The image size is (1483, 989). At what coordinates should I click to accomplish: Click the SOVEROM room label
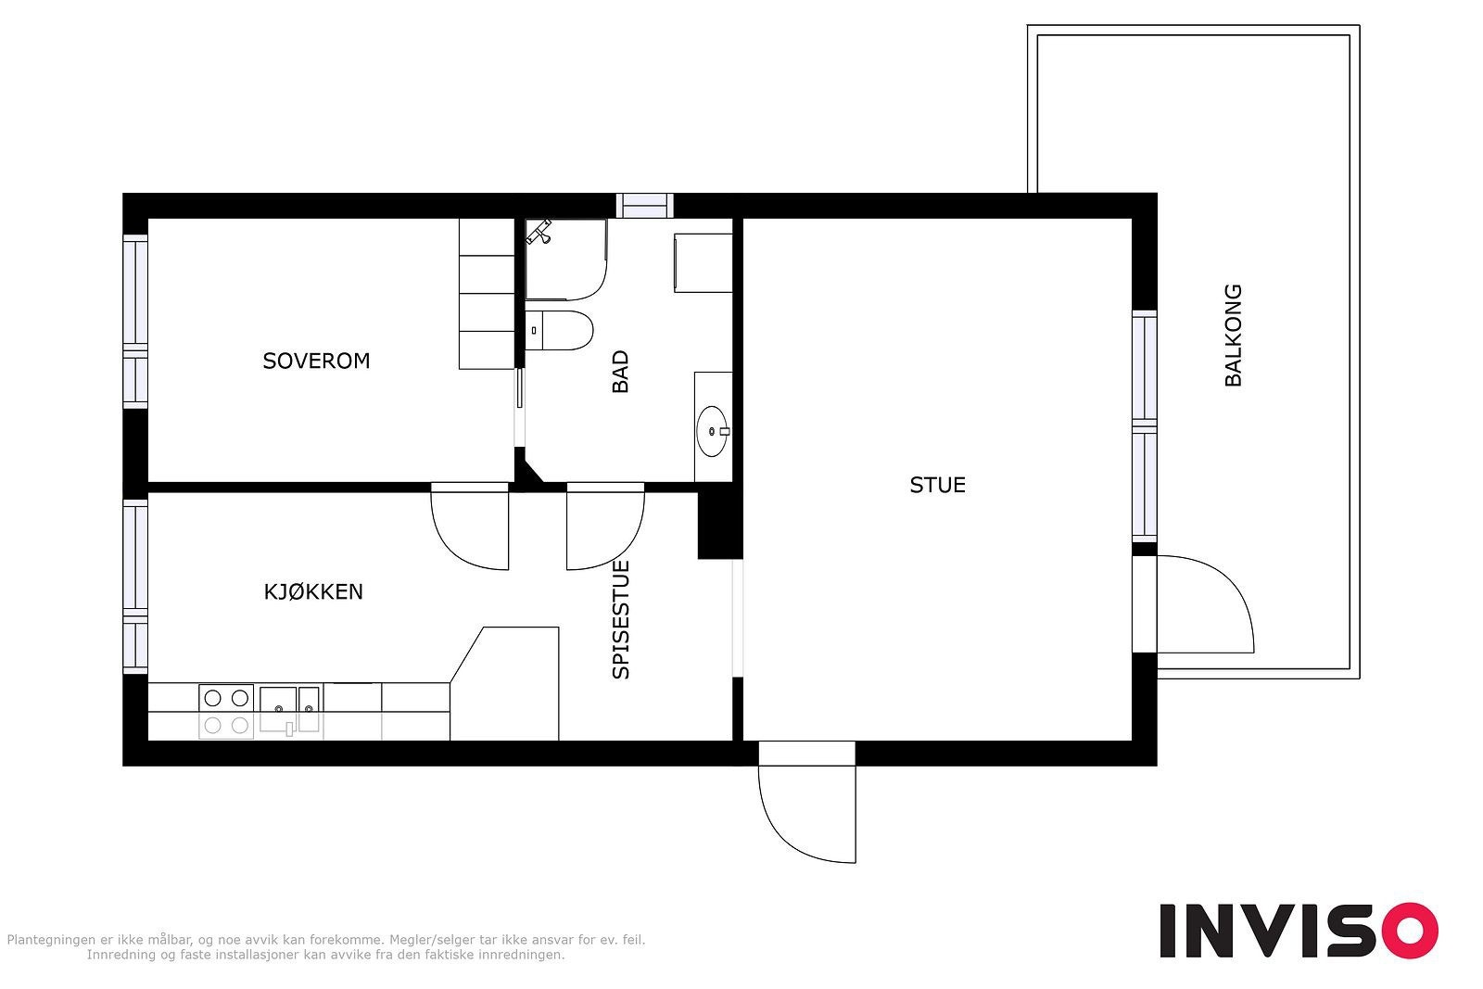pos(316,361)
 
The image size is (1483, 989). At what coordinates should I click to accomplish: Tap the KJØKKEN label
pos(313,591)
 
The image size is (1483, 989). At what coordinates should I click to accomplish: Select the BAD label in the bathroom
pos(620,372)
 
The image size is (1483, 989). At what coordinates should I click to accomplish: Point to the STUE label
pos(937,486)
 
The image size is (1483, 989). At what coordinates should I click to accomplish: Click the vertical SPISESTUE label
pos(621,619)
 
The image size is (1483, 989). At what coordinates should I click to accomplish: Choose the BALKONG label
pos(1233,336)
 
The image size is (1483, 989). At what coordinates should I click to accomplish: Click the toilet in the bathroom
pos(560,330)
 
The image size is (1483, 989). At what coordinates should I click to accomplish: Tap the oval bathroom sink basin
pos(713,431)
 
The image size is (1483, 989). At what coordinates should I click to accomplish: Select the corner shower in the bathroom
pos(566,260)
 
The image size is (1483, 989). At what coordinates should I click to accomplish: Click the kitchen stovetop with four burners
pos(226,712)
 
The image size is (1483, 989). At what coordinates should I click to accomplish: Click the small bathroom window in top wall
pos(645,206)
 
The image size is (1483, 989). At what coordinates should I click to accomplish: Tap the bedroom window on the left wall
pos(135,321)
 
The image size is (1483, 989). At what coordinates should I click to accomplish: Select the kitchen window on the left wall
pos(135,587)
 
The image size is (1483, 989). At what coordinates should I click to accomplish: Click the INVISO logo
pos(1299,930)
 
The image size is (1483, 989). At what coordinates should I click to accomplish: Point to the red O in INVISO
pos(1410,930)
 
